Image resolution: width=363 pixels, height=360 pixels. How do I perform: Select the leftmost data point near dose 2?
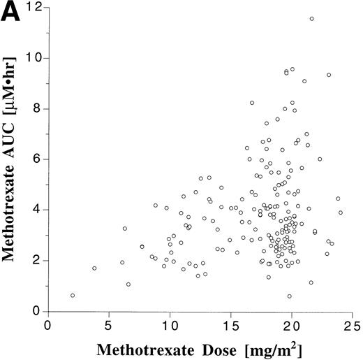click(x=73, y=296)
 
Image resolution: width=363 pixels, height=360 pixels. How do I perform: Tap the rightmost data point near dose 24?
click(x=341, y=213)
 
